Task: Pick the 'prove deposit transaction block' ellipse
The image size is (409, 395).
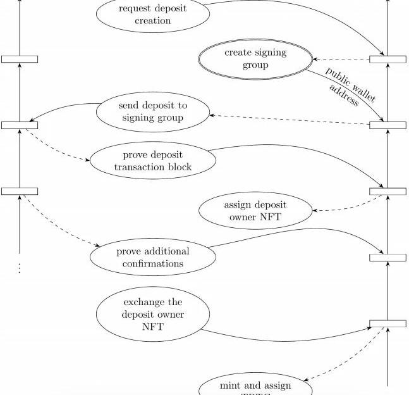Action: click(x=153, y=161)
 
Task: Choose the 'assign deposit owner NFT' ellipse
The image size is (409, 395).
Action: click(x=255, y=212)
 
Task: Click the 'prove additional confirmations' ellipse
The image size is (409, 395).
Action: click(x=153, y=256)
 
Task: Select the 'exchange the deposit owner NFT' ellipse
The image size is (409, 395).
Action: click(x=153, y=314)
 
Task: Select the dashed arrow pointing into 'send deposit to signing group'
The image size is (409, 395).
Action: click(x=291, y=120)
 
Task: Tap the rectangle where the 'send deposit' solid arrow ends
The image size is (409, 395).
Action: click(x=20, y=125)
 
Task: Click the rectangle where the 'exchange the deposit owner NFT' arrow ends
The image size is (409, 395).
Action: click(x=388, y=323)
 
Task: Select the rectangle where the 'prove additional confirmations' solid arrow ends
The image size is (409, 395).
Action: click(x=388, y=257)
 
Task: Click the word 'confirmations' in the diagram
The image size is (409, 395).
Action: click(x=153, y=263)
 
